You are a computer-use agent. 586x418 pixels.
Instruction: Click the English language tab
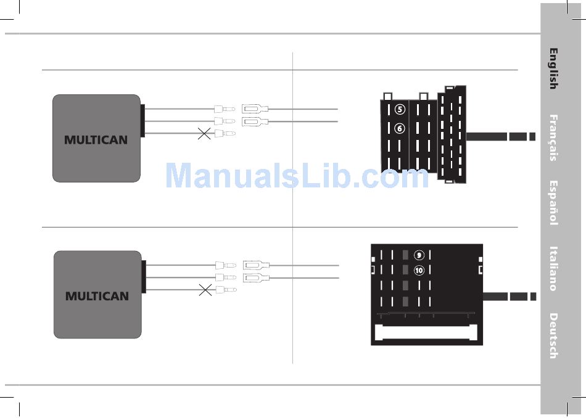(553, 68)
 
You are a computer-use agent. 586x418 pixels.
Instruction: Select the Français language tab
(553, 137)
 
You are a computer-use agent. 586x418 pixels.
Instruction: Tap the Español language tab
(553, 203)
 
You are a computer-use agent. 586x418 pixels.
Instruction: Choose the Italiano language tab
(553, 269)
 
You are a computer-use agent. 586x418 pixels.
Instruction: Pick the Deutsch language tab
(553, 336)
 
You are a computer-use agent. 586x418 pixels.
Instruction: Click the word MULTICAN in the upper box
(96, 140)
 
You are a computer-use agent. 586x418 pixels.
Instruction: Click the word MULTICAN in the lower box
(97, 296)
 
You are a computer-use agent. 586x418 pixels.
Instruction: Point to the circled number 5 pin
(400, 110)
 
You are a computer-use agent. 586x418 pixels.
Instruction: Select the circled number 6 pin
(400, 128)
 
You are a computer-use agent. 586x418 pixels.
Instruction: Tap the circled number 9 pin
(419, 255)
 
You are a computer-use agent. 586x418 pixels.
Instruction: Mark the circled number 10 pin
(419, 270)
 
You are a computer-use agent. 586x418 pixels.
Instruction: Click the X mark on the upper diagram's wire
(204, 133)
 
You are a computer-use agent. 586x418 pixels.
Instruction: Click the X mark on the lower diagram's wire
(205, 290)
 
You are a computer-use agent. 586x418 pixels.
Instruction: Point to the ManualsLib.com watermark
(297, 176)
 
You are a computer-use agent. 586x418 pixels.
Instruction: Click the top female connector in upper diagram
(255, 109)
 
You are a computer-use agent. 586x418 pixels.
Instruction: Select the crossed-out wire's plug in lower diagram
(226, 290)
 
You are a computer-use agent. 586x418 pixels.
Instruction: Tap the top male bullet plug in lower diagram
(226, 265)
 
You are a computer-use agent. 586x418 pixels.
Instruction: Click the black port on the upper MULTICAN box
(142, 121)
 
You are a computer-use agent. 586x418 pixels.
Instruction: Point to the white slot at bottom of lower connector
(426, 332)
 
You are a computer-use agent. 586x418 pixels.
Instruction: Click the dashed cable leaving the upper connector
(501, 137)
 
